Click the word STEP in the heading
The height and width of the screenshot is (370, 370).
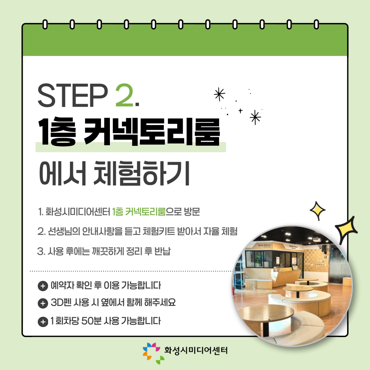(x=73, y=95)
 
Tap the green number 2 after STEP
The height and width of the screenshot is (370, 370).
(x=124, y=95)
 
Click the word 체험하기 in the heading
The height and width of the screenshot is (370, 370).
(x=142, y=173)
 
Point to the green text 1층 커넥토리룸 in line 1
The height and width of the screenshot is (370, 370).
(x=139, y=212)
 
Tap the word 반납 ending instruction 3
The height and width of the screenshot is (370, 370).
(x=162, y=251)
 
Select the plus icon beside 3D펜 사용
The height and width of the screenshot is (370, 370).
(x=43, y=303)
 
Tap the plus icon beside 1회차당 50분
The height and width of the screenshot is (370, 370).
(x=43, y=322)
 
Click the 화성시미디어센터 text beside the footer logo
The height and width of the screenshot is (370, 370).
(x=196, y=350)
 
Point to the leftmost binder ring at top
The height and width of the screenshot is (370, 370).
(x=45, y=24)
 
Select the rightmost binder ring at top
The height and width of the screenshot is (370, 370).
(x=316, y=24)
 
